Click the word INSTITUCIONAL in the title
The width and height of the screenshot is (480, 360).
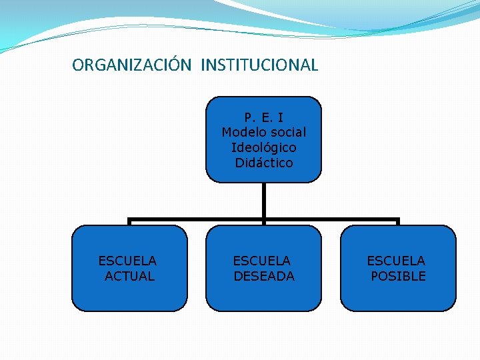[x=259, y=65]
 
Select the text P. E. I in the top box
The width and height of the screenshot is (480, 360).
[x=263, y=118]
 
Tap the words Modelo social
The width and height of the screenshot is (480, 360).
[x=263, y=133]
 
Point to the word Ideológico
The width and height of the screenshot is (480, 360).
[x=263, y=147]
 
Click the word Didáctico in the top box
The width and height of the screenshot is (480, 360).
[x=263, y=163]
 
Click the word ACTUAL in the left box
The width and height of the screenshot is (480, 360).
[x=130, y=276]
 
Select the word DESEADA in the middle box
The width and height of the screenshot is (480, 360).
[x=264, y=276]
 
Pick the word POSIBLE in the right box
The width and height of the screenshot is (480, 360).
[x=398, y=276]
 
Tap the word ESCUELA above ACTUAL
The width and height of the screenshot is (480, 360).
[x=127, y=261]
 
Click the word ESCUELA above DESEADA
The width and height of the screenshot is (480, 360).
[x=261, y=261]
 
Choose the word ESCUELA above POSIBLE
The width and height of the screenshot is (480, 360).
[x=395, y=261]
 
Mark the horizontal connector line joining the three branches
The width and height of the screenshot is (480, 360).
[x=200, y=219]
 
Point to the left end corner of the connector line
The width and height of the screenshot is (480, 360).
[x=129, y=220]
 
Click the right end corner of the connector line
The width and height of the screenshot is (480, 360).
[x=398, y=220]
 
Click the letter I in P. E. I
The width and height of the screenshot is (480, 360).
[x=281, y=118]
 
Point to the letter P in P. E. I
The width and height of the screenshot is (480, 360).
[x=247, y=118]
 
